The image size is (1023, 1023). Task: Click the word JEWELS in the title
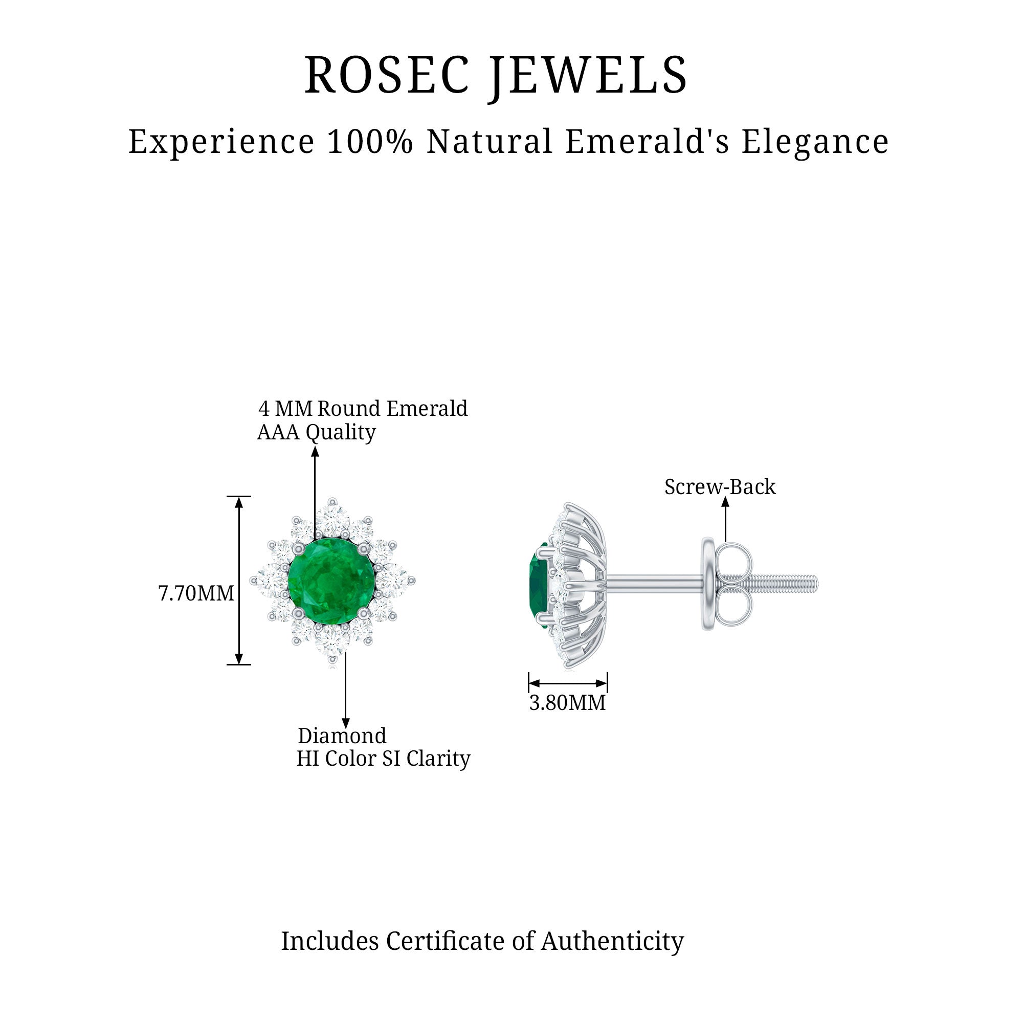588,75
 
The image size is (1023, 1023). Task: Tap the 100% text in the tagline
370,142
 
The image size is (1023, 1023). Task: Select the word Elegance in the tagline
814,142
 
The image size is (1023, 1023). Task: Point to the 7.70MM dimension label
196,593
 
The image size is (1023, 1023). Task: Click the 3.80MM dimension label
567,703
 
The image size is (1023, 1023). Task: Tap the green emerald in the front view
331,581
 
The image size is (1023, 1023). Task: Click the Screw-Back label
720,487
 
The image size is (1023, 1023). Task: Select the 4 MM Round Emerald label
363,409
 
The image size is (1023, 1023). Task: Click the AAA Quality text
316,433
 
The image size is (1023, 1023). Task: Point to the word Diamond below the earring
342,736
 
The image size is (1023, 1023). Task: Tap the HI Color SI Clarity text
383,759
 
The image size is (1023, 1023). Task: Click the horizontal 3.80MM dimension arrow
568,683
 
